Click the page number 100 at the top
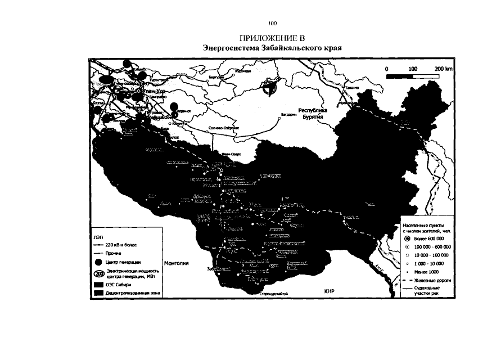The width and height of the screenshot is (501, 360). [x=273, y=24]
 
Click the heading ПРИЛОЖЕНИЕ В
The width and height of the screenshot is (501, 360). [x=272, y=38]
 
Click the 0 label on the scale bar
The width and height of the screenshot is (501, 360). [x=387, y=68]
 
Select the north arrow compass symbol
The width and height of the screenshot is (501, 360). [x=270, y=88]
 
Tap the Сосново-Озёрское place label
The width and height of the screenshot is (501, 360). [x=224, y=128]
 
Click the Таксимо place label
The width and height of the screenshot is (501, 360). [x=352, y=88]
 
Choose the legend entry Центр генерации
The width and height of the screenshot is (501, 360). [x=121, y=262]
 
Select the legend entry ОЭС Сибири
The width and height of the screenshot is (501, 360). [x=119, y=285]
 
